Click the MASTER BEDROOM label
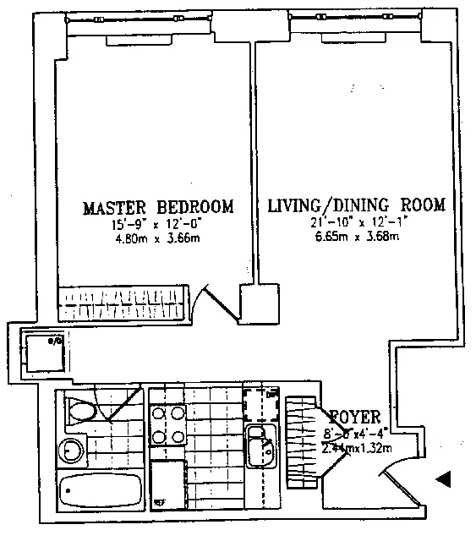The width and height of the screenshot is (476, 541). coord(157,207)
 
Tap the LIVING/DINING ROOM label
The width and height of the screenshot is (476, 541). coord(355,206)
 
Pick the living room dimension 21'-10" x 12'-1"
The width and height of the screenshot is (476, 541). coord(355,222)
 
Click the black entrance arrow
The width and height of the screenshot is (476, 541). coord(444,480)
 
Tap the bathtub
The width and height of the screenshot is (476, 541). coord(102,490)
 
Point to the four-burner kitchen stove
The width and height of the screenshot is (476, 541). coord(169,424)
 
